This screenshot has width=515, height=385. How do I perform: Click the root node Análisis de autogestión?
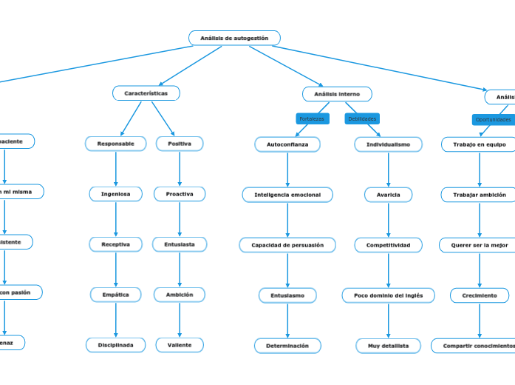(234, 38)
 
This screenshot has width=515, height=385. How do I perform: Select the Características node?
(146, 93)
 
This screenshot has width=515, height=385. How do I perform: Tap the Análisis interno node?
(337, 94)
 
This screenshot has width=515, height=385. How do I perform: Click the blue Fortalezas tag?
(312, 118)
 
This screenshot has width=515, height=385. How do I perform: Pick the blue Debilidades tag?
(362, 118)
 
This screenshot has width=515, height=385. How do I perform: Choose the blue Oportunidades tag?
(493, 119)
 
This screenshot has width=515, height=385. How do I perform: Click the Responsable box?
(116, 144)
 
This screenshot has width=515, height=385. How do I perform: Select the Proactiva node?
(180, 194)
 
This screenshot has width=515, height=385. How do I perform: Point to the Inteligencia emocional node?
(287, 195)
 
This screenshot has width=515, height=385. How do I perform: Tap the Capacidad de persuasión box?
(287, 245)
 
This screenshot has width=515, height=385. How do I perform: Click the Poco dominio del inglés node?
(388, 295)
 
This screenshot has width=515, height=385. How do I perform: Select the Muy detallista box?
(388, 346)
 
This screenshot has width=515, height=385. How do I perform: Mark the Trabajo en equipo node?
(479, 144)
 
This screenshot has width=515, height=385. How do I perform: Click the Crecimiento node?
(479, 295)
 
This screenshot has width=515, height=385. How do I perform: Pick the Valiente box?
(180, 345)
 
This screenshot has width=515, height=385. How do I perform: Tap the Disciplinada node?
(116, 345)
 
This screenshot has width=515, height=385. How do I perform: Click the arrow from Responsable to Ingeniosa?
(116, 169)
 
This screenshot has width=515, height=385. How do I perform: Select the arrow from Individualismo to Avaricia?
(389, 170)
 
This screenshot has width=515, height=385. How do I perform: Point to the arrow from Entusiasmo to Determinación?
(287, 321)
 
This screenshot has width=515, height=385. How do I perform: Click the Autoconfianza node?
(287, 144)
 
